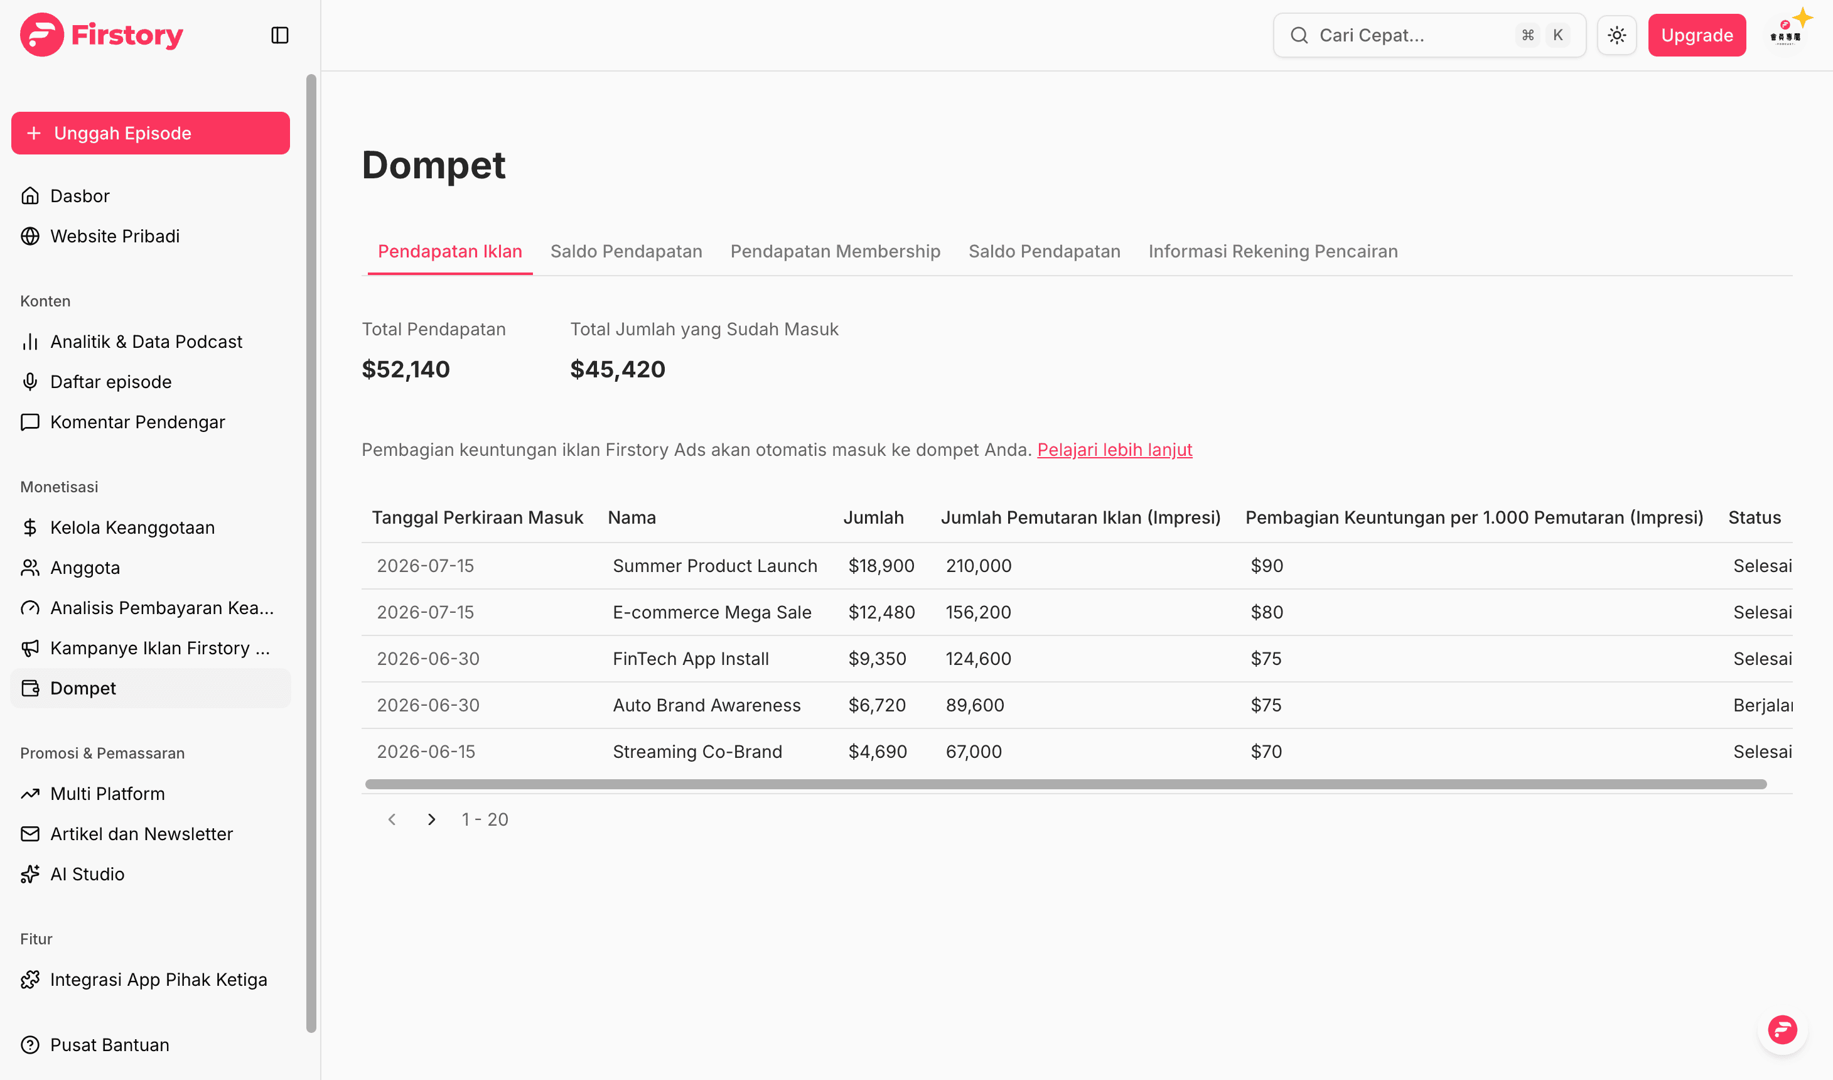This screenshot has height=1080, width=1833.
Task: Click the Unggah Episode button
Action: pos(151,133)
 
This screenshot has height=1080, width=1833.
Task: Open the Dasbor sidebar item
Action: pos(79,196)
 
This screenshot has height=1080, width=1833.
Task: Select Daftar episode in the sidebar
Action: pos(110,382)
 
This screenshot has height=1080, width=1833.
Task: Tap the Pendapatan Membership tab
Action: pos(835,251)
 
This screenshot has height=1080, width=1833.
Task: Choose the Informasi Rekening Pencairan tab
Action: pos(1273,251)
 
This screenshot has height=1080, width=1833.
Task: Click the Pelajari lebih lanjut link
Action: pos(1114,450)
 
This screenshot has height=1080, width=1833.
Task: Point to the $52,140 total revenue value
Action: pos(406,369)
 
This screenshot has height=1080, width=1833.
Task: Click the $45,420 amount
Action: pos(618,369)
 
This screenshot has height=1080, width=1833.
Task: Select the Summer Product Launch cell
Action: pos(715,566)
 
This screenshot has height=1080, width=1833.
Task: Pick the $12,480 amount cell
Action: pos(881,612)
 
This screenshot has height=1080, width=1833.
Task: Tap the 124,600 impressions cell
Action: pos(978,659)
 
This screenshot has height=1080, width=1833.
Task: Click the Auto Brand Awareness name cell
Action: pos(706,705)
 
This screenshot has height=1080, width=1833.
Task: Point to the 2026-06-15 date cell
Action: pos(426,752)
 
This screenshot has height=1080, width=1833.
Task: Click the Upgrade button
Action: pos(1696,35)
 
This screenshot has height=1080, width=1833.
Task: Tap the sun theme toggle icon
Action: pos(1617,35)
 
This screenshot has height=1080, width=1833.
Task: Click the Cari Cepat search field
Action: pos(1429,35)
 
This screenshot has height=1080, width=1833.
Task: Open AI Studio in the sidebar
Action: pos(87,874)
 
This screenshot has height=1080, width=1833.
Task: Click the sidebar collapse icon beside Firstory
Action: pos(280,35)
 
